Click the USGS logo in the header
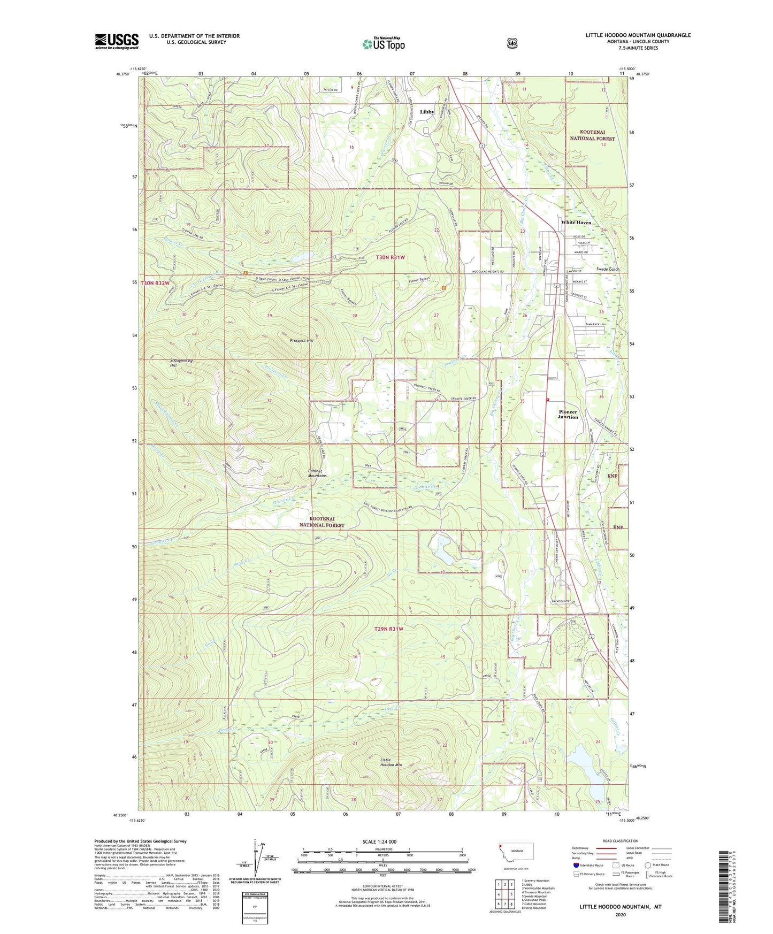(117, 41)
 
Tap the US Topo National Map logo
(382, 43)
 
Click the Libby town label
(427, 112)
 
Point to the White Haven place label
(576, 222)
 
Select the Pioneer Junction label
(568, 415)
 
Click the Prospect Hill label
(302, 340)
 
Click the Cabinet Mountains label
(317, 473)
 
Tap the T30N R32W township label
(155, 283)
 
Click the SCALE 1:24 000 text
(379, 841)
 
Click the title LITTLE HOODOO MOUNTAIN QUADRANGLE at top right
(638, 35)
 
